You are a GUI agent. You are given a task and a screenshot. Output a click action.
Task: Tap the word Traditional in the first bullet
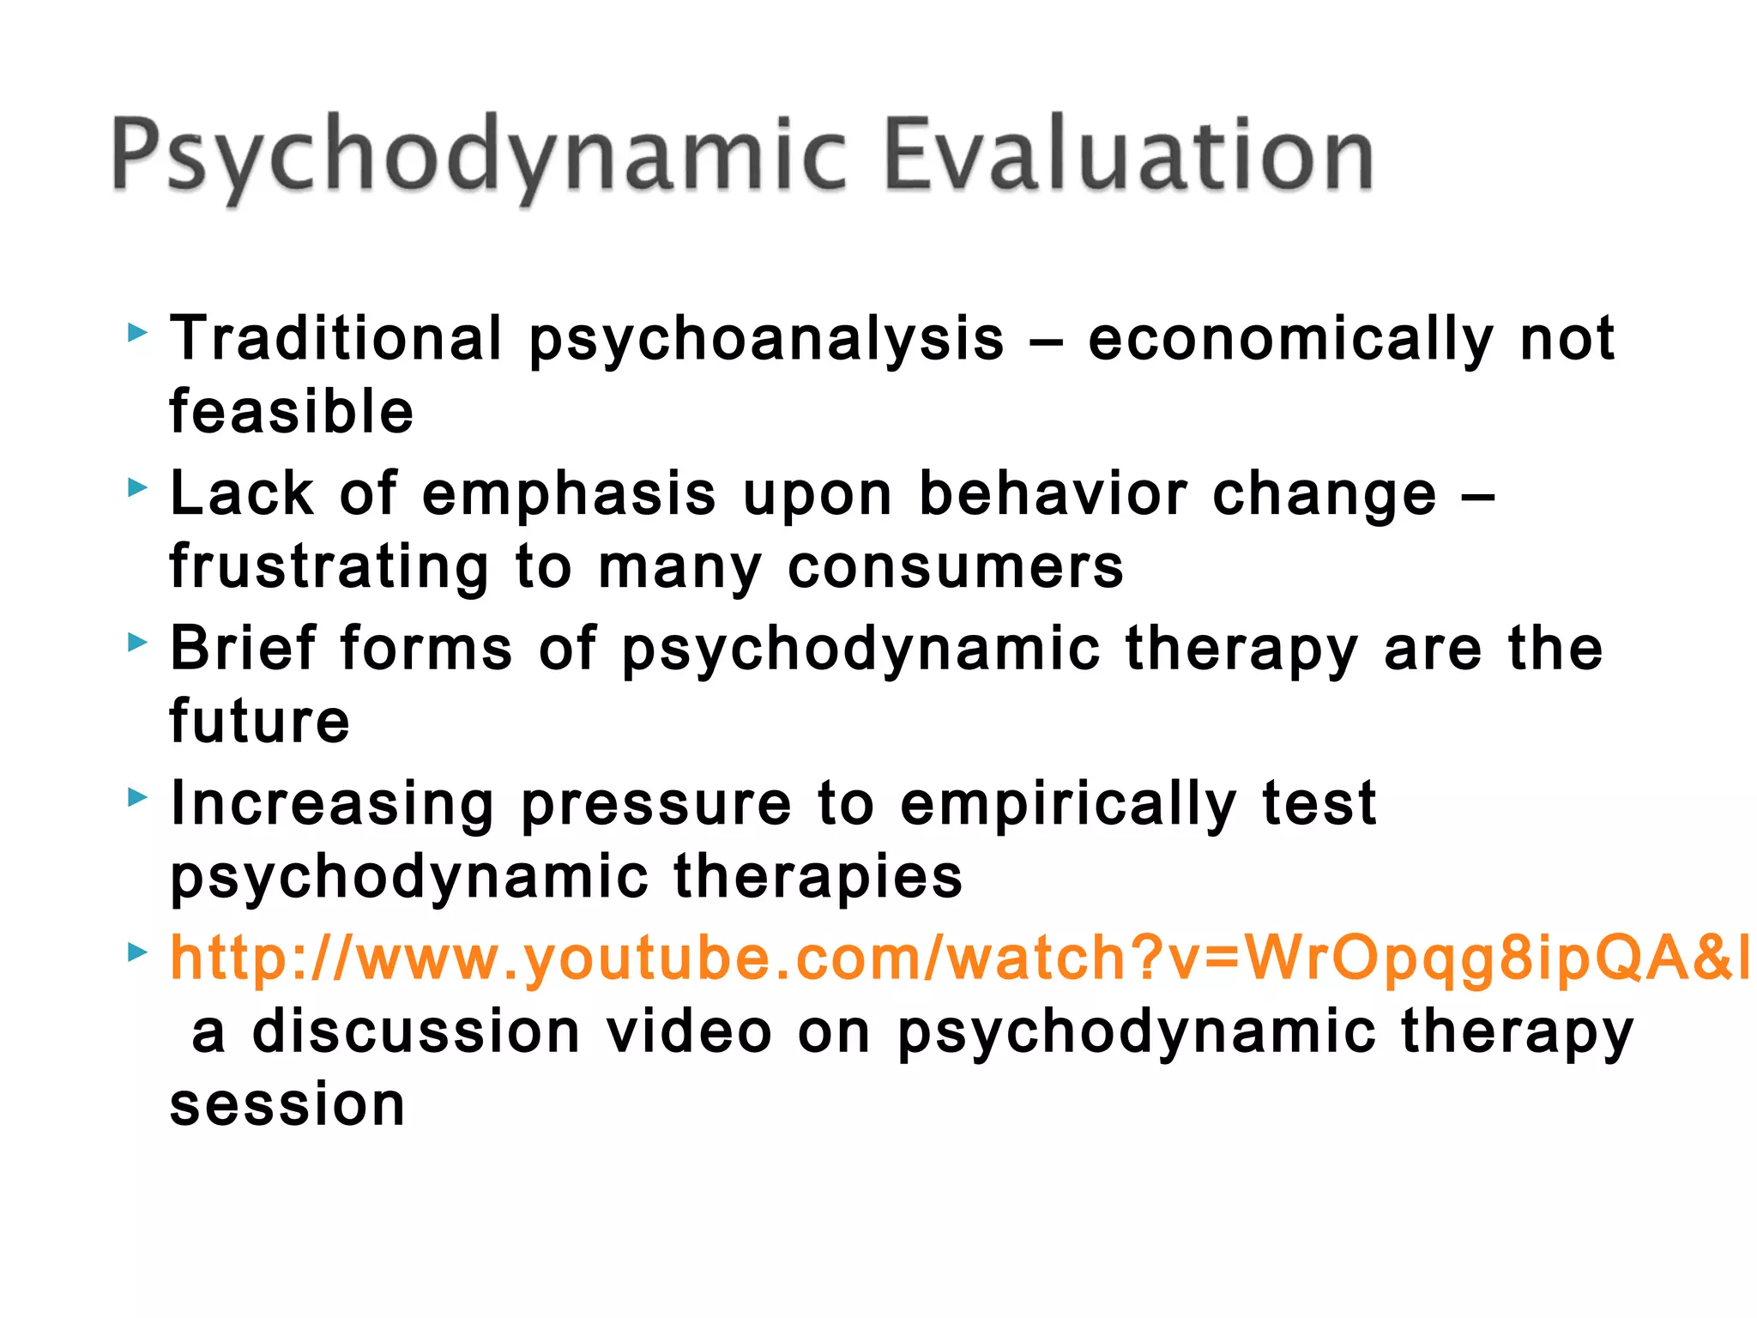[335, 338]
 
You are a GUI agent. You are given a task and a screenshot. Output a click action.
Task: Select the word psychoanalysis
[766, 340]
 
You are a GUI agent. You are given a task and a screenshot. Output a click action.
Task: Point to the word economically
[1290, 340]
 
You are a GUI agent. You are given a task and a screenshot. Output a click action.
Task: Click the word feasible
[292, 411]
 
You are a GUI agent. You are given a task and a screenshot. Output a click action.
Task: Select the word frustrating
[329, 568]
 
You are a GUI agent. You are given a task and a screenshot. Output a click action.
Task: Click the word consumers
[955, 568]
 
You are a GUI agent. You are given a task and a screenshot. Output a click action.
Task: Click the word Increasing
[332, 804]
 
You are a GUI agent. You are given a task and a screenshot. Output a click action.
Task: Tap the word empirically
[1068, 805]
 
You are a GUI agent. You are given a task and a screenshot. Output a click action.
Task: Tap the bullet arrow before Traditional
[137, 332]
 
